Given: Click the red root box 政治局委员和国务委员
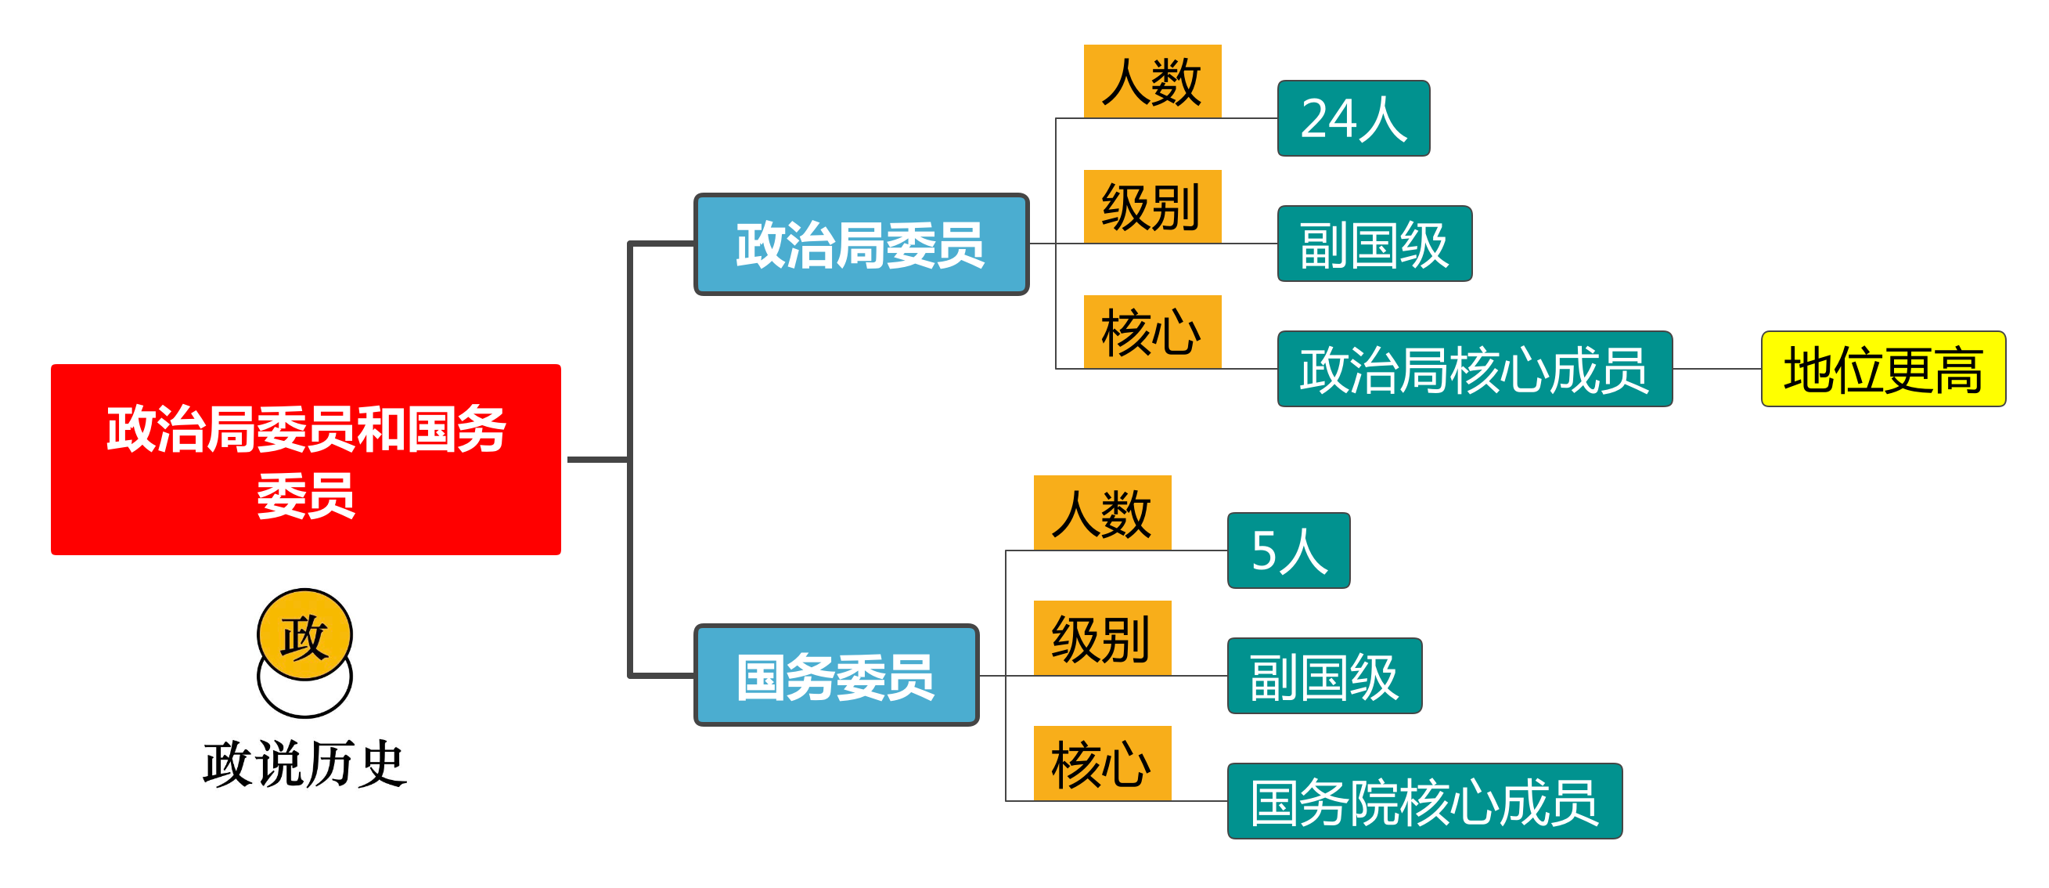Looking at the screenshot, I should click(305, 459).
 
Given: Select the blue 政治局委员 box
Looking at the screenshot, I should click(862, 244).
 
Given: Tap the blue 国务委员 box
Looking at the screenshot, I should click(836, 675).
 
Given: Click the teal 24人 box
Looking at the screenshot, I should click(1353, 118).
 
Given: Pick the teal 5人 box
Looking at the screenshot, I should click(1288, 550).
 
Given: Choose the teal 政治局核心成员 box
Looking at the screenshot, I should click(1474, 369).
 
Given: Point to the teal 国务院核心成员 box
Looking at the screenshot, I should click(1424, 800).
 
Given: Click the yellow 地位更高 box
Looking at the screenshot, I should click(1883, 369).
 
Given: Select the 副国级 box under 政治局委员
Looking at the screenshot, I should click(1374, 244).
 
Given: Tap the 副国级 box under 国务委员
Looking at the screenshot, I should click(1324, 676).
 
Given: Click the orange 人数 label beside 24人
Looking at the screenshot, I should click(1152, 81).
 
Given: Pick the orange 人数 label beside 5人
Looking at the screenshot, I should click(1102, 512).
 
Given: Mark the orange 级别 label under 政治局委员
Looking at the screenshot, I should click(1152, 206).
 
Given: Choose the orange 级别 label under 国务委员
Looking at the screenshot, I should click(1102, 638).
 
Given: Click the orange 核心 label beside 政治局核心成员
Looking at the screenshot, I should click(1152, 332).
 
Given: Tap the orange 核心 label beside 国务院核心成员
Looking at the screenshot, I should click(1102, 763).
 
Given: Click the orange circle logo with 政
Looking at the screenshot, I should click(304, 635).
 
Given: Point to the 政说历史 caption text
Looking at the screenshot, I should click(304, 763).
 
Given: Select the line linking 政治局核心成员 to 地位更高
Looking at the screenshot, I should click(1716, 369).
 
